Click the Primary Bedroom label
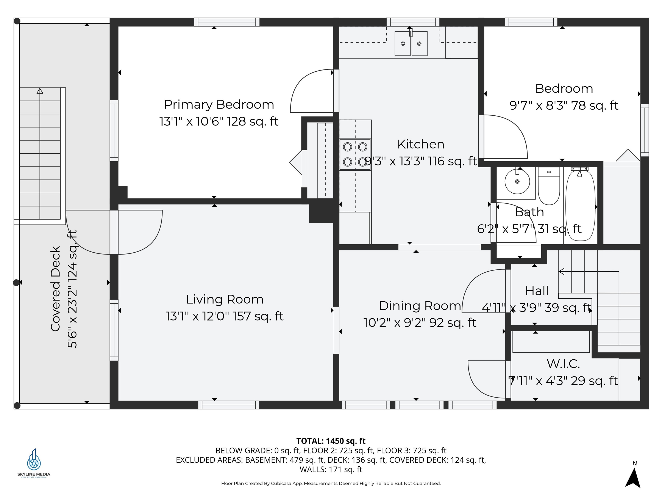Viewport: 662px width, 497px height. coord(219,105)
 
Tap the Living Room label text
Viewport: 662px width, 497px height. coord(225,299)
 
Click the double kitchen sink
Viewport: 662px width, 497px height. coord(411,43)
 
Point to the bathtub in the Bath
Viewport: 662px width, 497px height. coord(580,206)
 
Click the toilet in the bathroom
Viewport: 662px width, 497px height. coord(549,186)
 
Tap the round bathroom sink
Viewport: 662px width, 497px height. coord(517,181)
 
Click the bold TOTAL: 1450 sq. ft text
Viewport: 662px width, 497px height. coord(331,441)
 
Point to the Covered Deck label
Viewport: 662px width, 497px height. coord(55,289)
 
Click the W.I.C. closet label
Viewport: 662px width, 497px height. coord(563,364)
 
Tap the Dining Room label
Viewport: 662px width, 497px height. coord(420,306)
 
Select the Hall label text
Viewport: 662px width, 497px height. coord(537,291)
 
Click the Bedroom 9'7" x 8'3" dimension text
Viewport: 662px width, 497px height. coord(564,105)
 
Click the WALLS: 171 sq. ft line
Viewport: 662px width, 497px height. coord(331,469)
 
